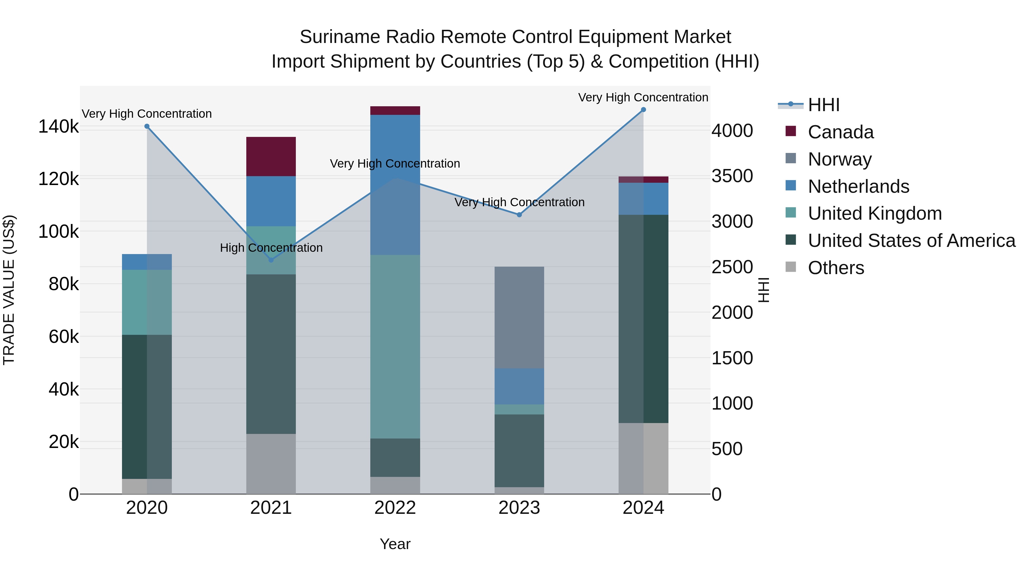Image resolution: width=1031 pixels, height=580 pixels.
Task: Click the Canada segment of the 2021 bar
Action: click(271, 156)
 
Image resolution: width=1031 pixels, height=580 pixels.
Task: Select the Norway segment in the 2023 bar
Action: click(519, 317)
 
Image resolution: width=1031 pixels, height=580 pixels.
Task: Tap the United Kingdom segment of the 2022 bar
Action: click(395, 346)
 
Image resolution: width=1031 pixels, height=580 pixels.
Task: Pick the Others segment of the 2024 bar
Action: click(643, 458)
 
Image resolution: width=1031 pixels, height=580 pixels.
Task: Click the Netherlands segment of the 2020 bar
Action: click(147, 262)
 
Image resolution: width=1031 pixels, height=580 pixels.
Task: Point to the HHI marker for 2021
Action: click(271, 260)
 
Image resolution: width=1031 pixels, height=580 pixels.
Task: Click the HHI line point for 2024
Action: click(643, 110)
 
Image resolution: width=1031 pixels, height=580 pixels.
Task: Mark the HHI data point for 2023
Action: click(519, 215)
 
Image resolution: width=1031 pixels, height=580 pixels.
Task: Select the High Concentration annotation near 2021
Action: click(271, 248)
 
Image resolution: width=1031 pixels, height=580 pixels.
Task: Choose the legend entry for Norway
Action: click(839, 159)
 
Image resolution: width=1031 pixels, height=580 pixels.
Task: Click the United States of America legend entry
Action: click(911, 241)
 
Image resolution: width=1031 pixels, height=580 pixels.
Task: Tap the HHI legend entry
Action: click(823, 105)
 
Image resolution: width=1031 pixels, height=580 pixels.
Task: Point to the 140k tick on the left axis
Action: click(58, 127)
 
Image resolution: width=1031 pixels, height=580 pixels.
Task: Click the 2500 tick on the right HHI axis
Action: click(732, 267)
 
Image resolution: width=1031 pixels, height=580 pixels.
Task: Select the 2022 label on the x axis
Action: click(395, 508)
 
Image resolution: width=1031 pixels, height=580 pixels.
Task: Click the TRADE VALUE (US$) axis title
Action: click(9, 290)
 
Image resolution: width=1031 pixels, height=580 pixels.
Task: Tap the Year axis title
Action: click(395, 544)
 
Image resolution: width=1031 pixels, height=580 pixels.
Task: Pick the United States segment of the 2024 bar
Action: click(643, 318)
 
